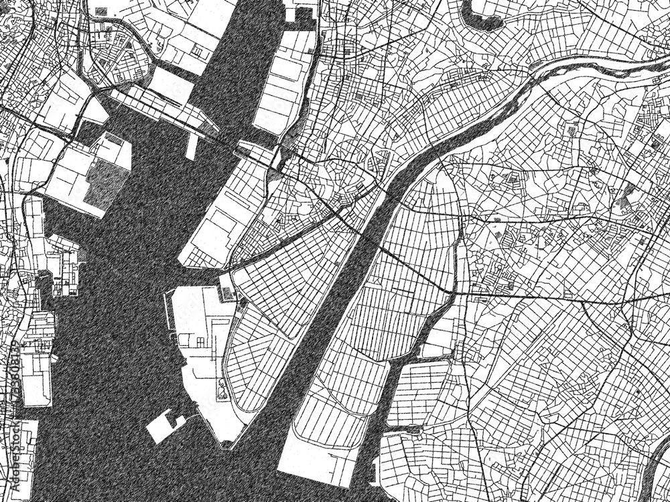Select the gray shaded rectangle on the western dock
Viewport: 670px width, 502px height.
click(x=105, y=182)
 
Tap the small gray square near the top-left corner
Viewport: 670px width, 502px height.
click(x=100, y=11)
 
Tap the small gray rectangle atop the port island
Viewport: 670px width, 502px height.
click(x=227, y=292)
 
